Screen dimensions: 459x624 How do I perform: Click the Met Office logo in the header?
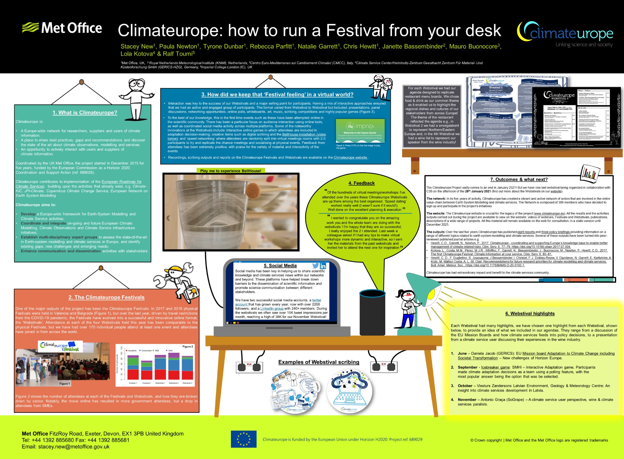62,28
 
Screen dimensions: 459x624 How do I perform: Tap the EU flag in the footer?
243,439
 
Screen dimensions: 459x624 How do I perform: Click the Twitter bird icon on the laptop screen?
315,266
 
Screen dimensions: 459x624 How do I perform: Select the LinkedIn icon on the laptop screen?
323,266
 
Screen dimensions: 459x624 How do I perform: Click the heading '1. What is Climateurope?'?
85,113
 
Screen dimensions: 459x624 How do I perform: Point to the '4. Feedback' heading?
361,183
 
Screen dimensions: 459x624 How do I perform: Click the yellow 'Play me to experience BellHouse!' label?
231,171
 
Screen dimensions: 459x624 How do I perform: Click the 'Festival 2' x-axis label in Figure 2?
146,383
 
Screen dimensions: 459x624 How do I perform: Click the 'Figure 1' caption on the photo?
65,384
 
